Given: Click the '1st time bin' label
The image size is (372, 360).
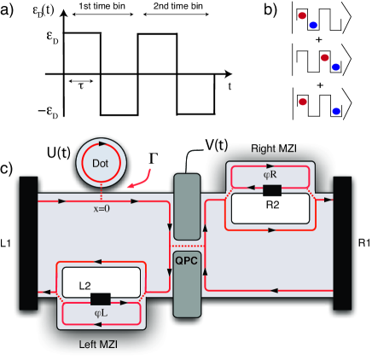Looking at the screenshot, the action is point(102,6).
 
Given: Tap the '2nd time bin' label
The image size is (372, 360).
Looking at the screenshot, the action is point(178,6).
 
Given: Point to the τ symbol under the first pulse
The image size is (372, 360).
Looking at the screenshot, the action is point(81,86).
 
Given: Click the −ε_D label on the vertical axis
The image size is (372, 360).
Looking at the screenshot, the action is point(48,112).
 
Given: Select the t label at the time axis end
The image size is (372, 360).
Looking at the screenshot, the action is point(230,86).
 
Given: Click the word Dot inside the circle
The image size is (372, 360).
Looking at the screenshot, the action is point(101,163).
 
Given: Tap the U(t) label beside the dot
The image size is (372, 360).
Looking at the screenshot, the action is point(59,153).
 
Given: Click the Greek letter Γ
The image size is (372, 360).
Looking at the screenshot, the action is point(154,159).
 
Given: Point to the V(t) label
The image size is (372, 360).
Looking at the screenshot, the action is point(217,145).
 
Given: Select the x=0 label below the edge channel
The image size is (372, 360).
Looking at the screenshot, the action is point(102,209).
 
